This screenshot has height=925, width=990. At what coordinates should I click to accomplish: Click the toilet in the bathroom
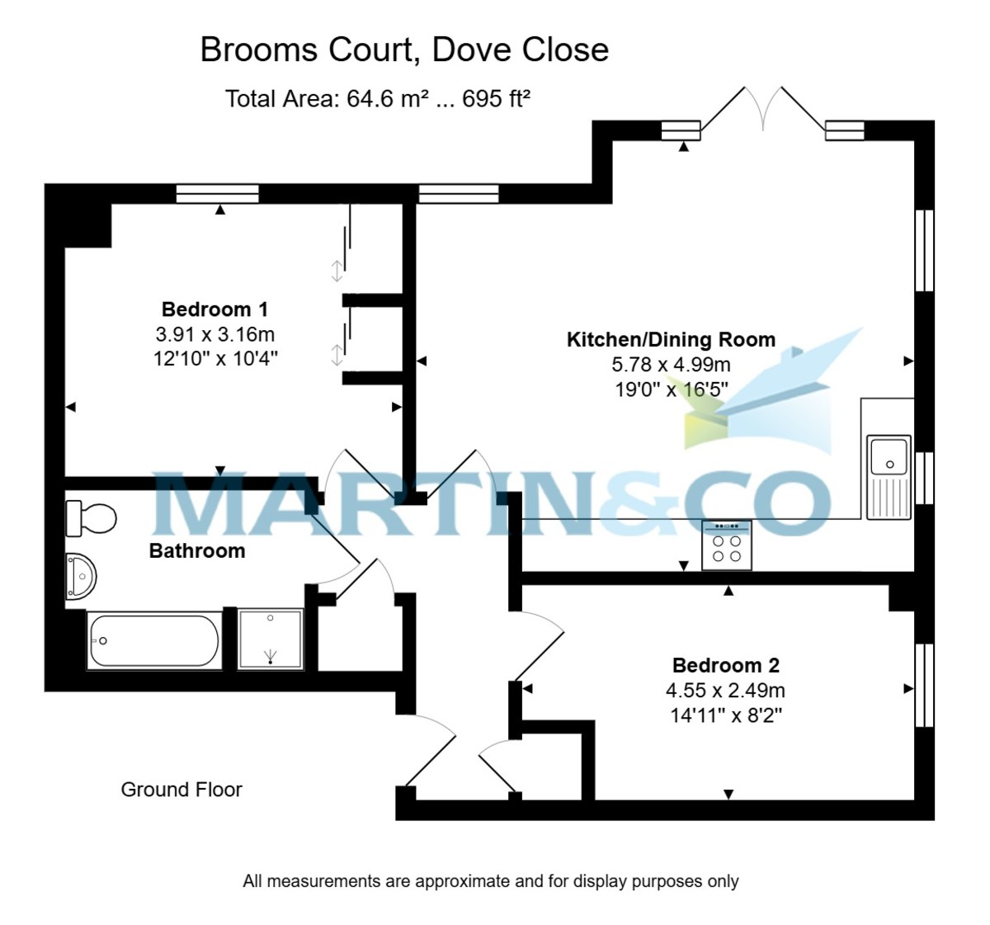tap(91, 518)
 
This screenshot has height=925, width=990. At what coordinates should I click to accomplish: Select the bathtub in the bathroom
tap(153, 640)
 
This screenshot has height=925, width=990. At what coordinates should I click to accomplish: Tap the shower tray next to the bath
tap(271, 639)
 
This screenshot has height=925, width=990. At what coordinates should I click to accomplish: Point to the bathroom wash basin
tap(81, 574)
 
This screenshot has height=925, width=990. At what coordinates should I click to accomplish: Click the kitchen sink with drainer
tap(889, 477)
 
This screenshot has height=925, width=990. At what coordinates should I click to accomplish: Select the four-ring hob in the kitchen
tap(726, 546)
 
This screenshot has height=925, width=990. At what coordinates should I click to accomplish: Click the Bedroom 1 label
tap(214, 309)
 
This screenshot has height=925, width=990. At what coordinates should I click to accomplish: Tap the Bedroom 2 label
tap(725, 665)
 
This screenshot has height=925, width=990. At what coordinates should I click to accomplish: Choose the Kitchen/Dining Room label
tap(671, 339)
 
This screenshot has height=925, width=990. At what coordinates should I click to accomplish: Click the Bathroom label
tap(197, 550)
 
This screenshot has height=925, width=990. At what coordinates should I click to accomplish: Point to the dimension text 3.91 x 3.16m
tap(214, 334)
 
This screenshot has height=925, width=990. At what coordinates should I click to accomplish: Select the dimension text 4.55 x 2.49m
tap(725, 690)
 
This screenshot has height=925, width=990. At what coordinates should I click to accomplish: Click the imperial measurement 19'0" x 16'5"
tap(671, 389)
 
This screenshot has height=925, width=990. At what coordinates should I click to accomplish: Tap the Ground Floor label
tap(181, 790)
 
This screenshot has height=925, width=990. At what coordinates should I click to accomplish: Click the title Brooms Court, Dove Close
tap(404, 50)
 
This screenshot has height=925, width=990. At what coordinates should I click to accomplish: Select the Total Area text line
tap(377, 99)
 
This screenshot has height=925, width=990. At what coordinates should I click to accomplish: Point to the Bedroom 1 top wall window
tap(218, 194)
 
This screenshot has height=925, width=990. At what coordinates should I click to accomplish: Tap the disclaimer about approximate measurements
tap(490, 881)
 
